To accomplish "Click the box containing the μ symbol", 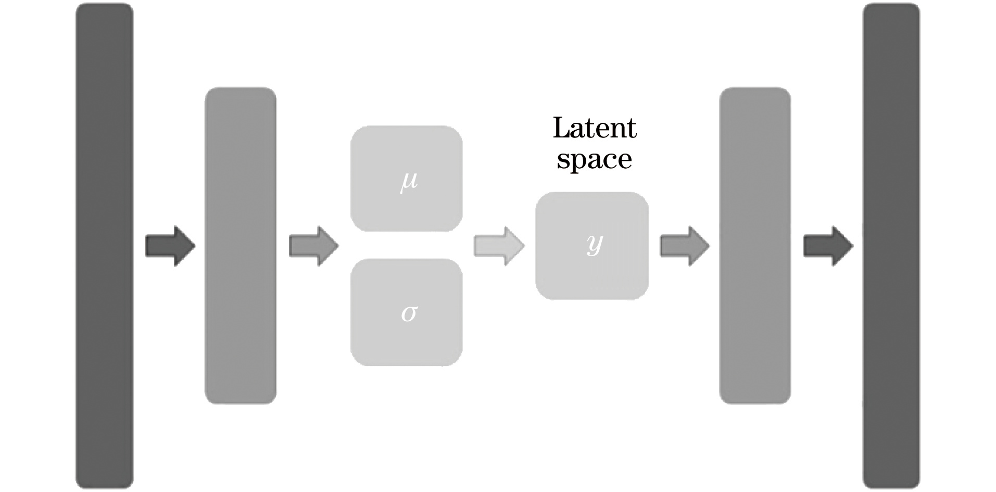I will [406, 178].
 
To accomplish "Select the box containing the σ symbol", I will [406, 312].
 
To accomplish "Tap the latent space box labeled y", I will [592, 246].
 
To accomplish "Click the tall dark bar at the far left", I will [104, 246].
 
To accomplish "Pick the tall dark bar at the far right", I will [891, 246].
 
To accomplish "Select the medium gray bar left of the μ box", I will [240, 246].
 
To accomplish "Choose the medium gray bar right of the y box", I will [755, 246].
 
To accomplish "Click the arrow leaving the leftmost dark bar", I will [170, 246].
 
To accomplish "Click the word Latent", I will [595, 128].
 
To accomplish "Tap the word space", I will [595, 159].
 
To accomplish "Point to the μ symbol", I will [409, 181].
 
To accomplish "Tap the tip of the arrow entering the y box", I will [523, 246].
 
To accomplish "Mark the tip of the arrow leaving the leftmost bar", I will [194, 246].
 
